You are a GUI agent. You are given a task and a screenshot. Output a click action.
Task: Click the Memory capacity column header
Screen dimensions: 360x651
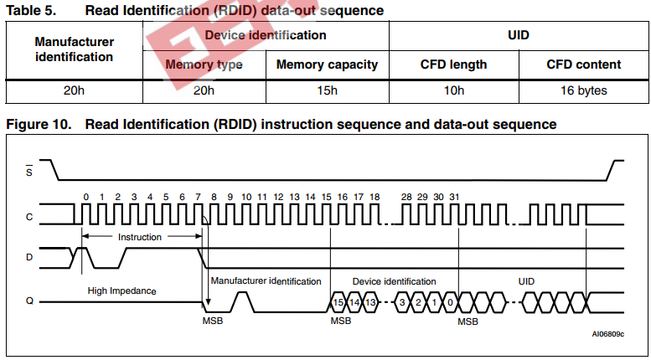pyautogui.click(x=327, y=64)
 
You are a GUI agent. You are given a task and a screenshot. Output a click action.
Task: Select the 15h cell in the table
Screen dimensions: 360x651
pyautogui.click(x=327, y=90)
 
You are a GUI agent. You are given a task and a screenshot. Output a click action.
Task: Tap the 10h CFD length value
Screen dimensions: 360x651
pyautogui.click(x=453, y=90)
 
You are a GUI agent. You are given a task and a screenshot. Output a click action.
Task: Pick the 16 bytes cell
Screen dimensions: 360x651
pyautogui.click(x=583, y=90)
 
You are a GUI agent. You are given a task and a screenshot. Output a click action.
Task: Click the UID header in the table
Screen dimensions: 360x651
pyautogui.click(x=519, y=36)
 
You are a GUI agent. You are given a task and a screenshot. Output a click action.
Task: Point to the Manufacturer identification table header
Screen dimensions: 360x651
pyautogui.click(x=75, y=49)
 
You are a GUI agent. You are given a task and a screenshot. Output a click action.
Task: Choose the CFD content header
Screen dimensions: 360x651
pyautogui.click(x=583, y=64)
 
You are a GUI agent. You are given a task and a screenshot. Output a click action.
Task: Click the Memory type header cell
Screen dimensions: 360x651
pyautogui.click(x=204, y=64)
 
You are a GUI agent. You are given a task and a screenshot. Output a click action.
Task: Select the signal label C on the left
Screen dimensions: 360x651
pyautogui.click(x=29, y=217)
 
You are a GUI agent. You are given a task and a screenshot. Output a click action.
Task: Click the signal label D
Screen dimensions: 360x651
pyautogui.click(x=29, y=257)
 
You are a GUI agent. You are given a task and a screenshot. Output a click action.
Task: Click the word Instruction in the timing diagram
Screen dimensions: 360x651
pyautogui.click(x=139, y=237)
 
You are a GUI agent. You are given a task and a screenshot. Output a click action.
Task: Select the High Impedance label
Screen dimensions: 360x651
pyautogui.click(x=122, y=291)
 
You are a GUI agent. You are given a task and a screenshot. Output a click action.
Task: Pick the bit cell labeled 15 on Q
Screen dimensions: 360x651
pyautogui.click(x=338, y=301)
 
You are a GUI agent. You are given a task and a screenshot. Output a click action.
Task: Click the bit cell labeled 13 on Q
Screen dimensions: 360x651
pyautogui.click(x=370, y=301)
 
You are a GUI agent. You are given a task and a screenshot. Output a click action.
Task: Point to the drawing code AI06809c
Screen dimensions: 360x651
pyautogui.click(x=607, y=333)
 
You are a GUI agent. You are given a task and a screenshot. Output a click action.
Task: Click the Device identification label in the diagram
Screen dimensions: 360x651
pyautogui.click(x=394, y=281)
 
